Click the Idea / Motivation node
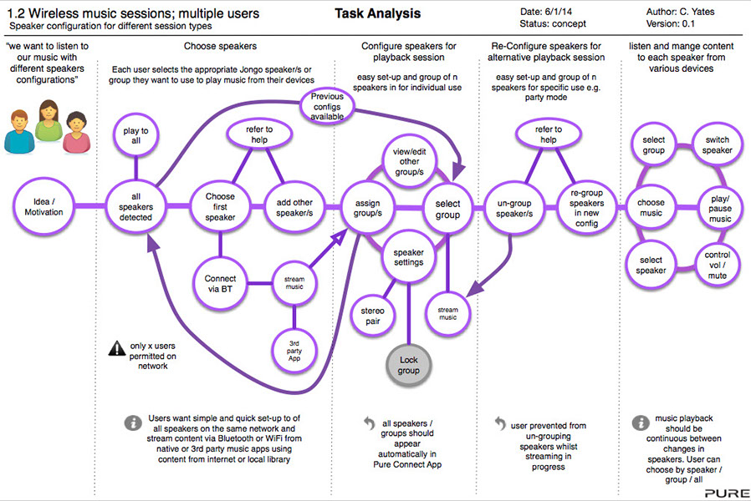[x=42, y=206]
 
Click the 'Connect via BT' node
[x=220, y=283]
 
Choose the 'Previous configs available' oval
[x=327, y=108]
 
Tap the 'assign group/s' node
[x=368, y=206]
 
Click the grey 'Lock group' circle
[x=408, y=365]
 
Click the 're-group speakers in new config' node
[x=587, y=206]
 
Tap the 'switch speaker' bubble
[x=718, y=144]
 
